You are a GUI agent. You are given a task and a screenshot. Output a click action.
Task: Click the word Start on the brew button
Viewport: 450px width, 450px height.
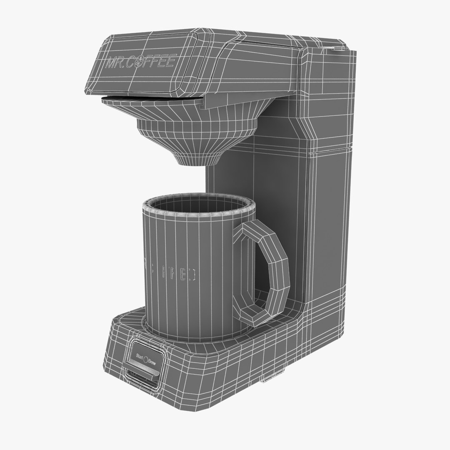click(140, 356)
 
